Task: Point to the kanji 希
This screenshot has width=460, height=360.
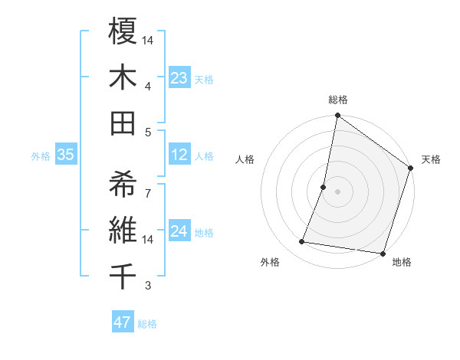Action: tap(123, 183)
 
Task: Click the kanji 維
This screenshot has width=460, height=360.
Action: tap(123, 229)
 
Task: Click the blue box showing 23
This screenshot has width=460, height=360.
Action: tap(179, 77)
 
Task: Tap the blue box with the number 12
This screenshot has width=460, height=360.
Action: tap(179, 155)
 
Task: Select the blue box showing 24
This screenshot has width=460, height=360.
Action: tap(179, 231)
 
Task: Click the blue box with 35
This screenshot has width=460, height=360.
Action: tap(65, 155)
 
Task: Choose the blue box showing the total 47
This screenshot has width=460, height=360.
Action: tap(123, 322)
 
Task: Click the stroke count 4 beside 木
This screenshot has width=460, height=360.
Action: tap(148, 86)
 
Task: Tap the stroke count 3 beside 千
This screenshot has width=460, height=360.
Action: tap(148, 286)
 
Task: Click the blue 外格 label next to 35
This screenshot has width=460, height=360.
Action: tap(41, 156)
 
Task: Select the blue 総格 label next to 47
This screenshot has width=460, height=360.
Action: tap(147, 324)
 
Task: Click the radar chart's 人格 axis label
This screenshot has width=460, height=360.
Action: tap(245, 160)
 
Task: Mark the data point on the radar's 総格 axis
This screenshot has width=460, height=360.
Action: tap(337, 116)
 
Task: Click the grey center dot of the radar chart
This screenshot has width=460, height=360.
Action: tap(337, 191)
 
